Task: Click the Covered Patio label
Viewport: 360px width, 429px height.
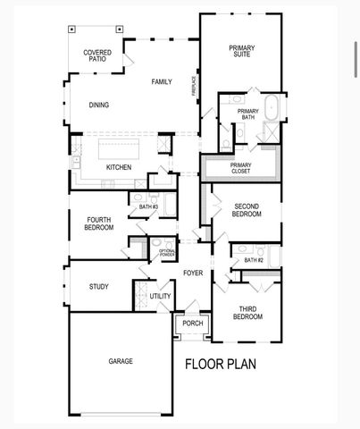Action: coord(97,56)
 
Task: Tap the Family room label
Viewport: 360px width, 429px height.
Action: coord(162,82)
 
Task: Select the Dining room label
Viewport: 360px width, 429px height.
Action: coord(99,105)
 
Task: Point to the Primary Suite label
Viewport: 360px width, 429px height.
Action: coord(241,52)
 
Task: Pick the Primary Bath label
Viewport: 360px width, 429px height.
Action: coord(247,114)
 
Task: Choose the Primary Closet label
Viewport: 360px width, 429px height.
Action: coord(241,167)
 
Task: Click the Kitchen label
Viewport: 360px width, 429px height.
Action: coord(119,167)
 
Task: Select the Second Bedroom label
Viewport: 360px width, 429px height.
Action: coord(247,210)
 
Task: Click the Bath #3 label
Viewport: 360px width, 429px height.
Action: coord(148,206)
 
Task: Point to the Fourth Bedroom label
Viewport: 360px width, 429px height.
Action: coord(99,223)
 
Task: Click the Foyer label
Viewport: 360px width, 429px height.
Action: coord(194,273)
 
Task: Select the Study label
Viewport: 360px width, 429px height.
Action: coord(99,287)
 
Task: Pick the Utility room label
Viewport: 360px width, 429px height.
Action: coord(160,296)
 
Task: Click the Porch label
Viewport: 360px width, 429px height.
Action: coord(193,324)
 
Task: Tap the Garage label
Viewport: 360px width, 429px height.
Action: coord(121,361)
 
